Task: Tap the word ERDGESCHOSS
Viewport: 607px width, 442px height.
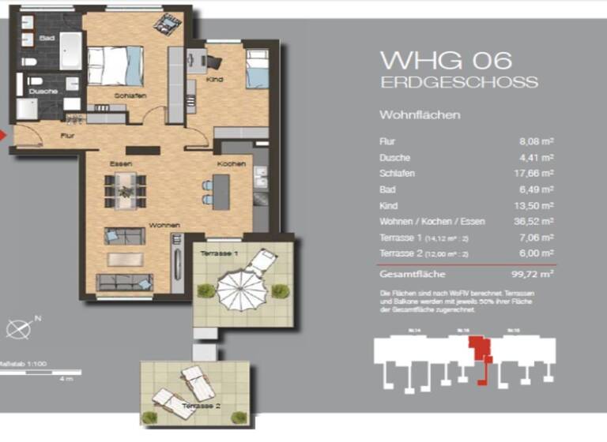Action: [459, 82]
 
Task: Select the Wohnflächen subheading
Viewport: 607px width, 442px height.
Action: [420, 115]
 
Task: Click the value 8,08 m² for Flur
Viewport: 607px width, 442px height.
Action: [536, 141]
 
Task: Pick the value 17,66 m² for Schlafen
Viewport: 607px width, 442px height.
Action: [534, 173]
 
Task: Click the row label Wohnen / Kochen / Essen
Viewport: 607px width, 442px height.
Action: [432, 221]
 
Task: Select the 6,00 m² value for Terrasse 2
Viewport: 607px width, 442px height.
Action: [536, 253]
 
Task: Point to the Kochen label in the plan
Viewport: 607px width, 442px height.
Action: [232, 163]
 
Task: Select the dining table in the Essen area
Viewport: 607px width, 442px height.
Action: [126, 190]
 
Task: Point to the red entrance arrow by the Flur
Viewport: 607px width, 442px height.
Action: [3, 135]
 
